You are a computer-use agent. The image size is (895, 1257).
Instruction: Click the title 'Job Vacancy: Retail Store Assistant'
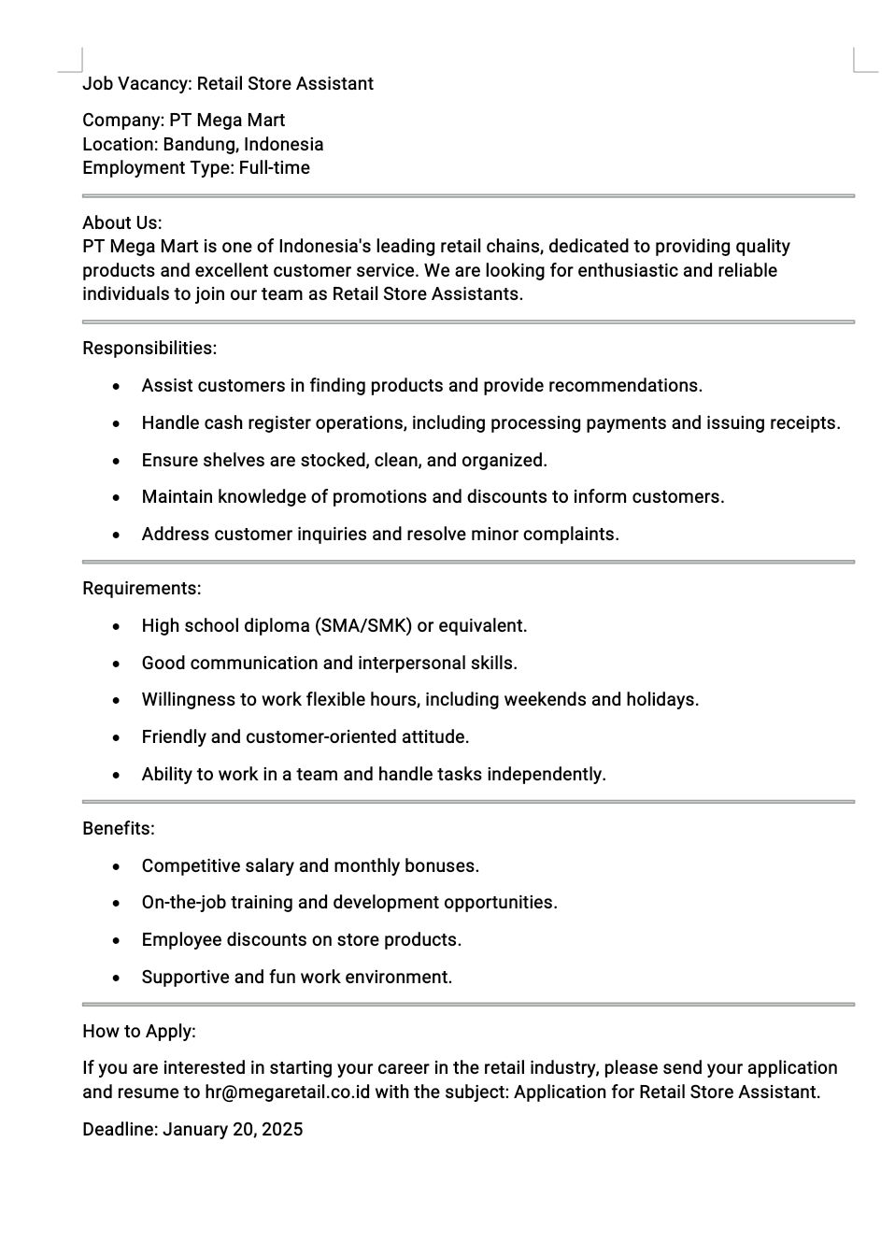[x=227, y=84]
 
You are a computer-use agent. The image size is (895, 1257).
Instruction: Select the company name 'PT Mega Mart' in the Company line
[x=227, y=121]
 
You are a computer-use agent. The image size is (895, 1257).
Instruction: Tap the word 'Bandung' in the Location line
[x=199, y=145]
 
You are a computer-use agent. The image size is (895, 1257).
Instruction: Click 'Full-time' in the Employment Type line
[x=274, y=168]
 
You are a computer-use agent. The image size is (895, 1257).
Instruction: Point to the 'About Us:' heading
[x=121, y=222]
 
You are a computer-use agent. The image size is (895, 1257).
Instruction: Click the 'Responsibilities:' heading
[x=149, y=349]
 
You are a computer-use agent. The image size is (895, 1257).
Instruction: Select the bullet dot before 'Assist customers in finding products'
[x=116, y=386]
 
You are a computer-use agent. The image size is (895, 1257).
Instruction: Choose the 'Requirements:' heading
[x=141, y=589]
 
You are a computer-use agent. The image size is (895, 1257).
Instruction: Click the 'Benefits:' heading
[x=119, y=829]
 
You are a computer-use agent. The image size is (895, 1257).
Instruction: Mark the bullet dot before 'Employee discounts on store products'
[x=116, y=940]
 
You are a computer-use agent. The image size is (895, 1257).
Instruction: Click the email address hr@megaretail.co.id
[x=287, y=1093]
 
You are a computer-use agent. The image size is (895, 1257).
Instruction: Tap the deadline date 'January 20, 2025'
[x=233, y=1130]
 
